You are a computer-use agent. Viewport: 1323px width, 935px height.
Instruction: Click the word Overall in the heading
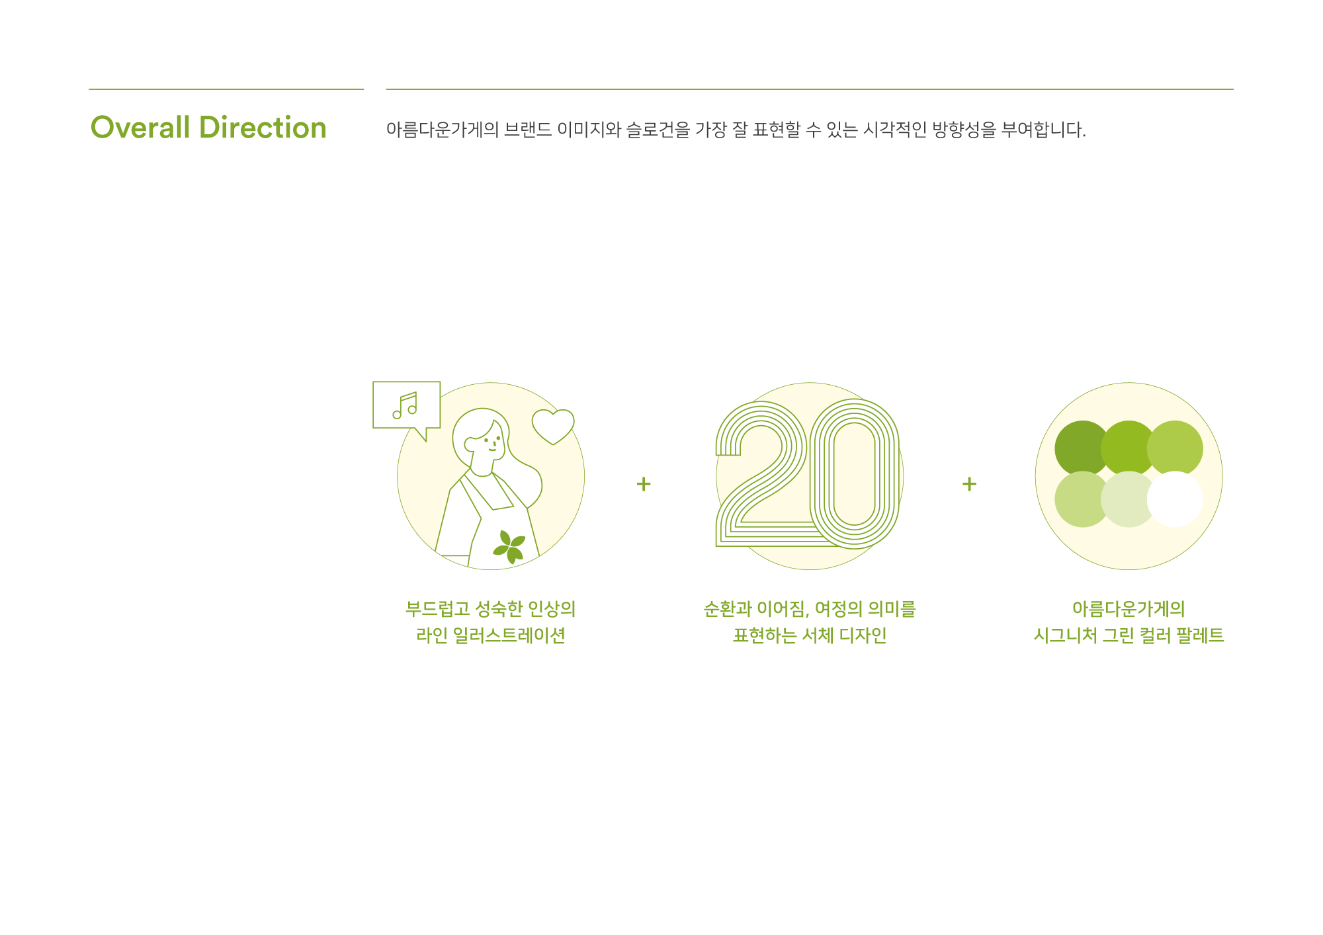(140, 128)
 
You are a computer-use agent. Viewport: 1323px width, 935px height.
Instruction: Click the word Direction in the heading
(263, 128)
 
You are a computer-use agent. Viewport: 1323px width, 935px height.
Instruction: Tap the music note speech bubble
(406, 405)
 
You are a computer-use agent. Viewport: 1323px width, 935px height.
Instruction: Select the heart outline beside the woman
(553, 425)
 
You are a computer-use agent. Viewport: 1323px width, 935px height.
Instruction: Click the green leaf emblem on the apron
(509, 547)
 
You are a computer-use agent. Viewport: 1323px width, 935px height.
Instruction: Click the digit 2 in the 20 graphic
(761, 476)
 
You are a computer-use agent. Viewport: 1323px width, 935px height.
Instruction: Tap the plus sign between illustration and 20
(643, 484)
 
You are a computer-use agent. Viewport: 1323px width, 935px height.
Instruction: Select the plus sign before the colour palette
(969, 484)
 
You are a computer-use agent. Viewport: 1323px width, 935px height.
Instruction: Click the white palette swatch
(1175, 499)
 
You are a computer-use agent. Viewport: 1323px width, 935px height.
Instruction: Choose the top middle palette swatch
(1129, 445)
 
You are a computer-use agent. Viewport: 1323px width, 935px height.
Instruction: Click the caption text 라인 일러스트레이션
(490, 635)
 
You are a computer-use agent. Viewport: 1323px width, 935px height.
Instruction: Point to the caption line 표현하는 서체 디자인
(809, 635)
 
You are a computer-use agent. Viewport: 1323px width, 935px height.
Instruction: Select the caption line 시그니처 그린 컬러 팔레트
(1128, 635)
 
